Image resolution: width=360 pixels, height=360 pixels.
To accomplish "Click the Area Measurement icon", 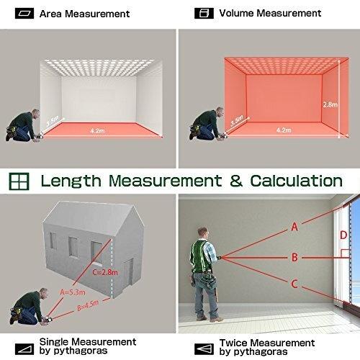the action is [24, 14].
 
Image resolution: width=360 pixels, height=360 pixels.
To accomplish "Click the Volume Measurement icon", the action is [204, 13].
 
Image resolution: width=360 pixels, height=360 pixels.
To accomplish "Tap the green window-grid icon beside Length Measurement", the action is [19, 181].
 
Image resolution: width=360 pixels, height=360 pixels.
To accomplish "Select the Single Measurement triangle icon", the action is [24, 349].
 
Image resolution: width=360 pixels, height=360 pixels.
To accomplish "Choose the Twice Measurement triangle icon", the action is [204, 349].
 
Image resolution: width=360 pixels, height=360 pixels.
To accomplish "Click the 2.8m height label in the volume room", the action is [330, 104].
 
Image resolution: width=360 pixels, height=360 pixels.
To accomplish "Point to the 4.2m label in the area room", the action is [97, 131].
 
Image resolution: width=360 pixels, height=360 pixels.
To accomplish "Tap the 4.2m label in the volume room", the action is [284, 130].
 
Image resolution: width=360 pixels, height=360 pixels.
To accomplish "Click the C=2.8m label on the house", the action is [105, 272].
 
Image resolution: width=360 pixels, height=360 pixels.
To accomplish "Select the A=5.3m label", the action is [72, 292].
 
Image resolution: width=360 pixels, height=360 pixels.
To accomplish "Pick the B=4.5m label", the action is [88, 305].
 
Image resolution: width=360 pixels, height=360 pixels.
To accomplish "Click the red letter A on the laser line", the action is [294, 227].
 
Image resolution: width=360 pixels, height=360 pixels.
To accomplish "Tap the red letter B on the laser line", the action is [294, 257].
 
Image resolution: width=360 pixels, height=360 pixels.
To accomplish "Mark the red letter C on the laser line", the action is [294, 284].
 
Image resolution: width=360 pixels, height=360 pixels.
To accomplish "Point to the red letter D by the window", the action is [343, 235].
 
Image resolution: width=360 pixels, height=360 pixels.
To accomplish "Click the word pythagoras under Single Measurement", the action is [81, 351].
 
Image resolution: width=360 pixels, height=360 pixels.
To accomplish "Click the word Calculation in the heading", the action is [297, 181].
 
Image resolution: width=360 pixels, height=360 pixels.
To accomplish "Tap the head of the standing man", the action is [203, 233].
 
